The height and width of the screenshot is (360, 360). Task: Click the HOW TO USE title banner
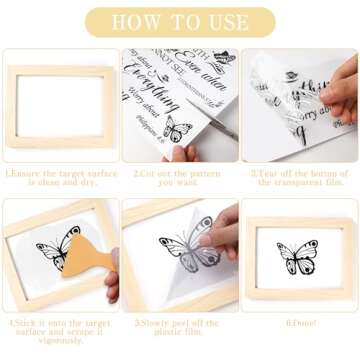(179, 21)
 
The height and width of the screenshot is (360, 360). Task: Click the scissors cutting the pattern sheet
(214, 118)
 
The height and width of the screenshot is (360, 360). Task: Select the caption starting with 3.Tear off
(299, 177)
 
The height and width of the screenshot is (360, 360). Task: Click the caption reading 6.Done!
(299, 323)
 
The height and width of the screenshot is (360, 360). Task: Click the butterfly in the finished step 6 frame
(298, 257)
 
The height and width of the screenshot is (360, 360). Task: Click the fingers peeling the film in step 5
(226, 228)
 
